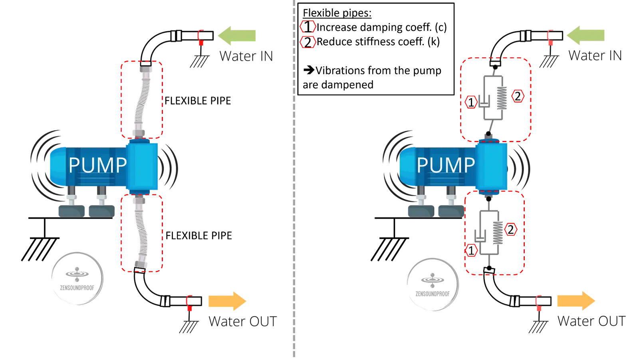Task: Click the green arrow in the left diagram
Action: pyautogui.click(x=237, y=36)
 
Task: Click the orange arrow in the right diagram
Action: pyautogui.click(x=576, y=301)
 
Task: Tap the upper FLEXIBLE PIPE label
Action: pyautogui.click(x=198, y=101)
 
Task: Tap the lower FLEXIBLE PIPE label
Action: pyautogui.click(x=199, y=235)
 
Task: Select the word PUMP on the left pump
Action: pyautogui.click(x=98, y=165)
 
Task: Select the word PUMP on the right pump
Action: pyautogui.click(x=446, y=165)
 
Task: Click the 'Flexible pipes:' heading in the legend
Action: pyautogui.click(x=337, y=13)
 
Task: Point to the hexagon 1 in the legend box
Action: pyautogui.click(x=308, y=27)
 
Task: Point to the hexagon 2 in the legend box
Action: pyautogui.click(x=308, y=42)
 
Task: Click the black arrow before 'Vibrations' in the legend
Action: pyautogui.click(x=309, y=70)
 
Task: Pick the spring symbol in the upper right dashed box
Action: pyautogui.click(x=502, y=98)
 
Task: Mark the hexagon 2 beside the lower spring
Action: pyautogui.click(x=511, y=229)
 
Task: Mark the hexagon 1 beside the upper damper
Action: pyautogui.click(x=471, y=102)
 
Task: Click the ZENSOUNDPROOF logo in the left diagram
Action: pyautogui.click(x=77, y=279)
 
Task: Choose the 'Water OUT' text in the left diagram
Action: pyautogui.click(x=243, y=322)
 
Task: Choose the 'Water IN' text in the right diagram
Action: pyautogui.click(x=595, y=55)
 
